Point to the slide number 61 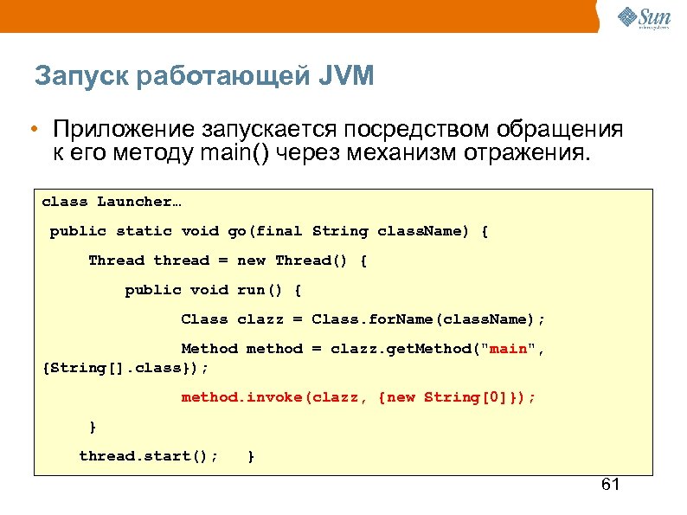610,484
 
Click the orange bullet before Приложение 31,130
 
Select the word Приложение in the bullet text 123,130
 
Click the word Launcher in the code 134,202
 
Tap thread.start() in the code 148,456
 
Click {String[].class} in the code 125,368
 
